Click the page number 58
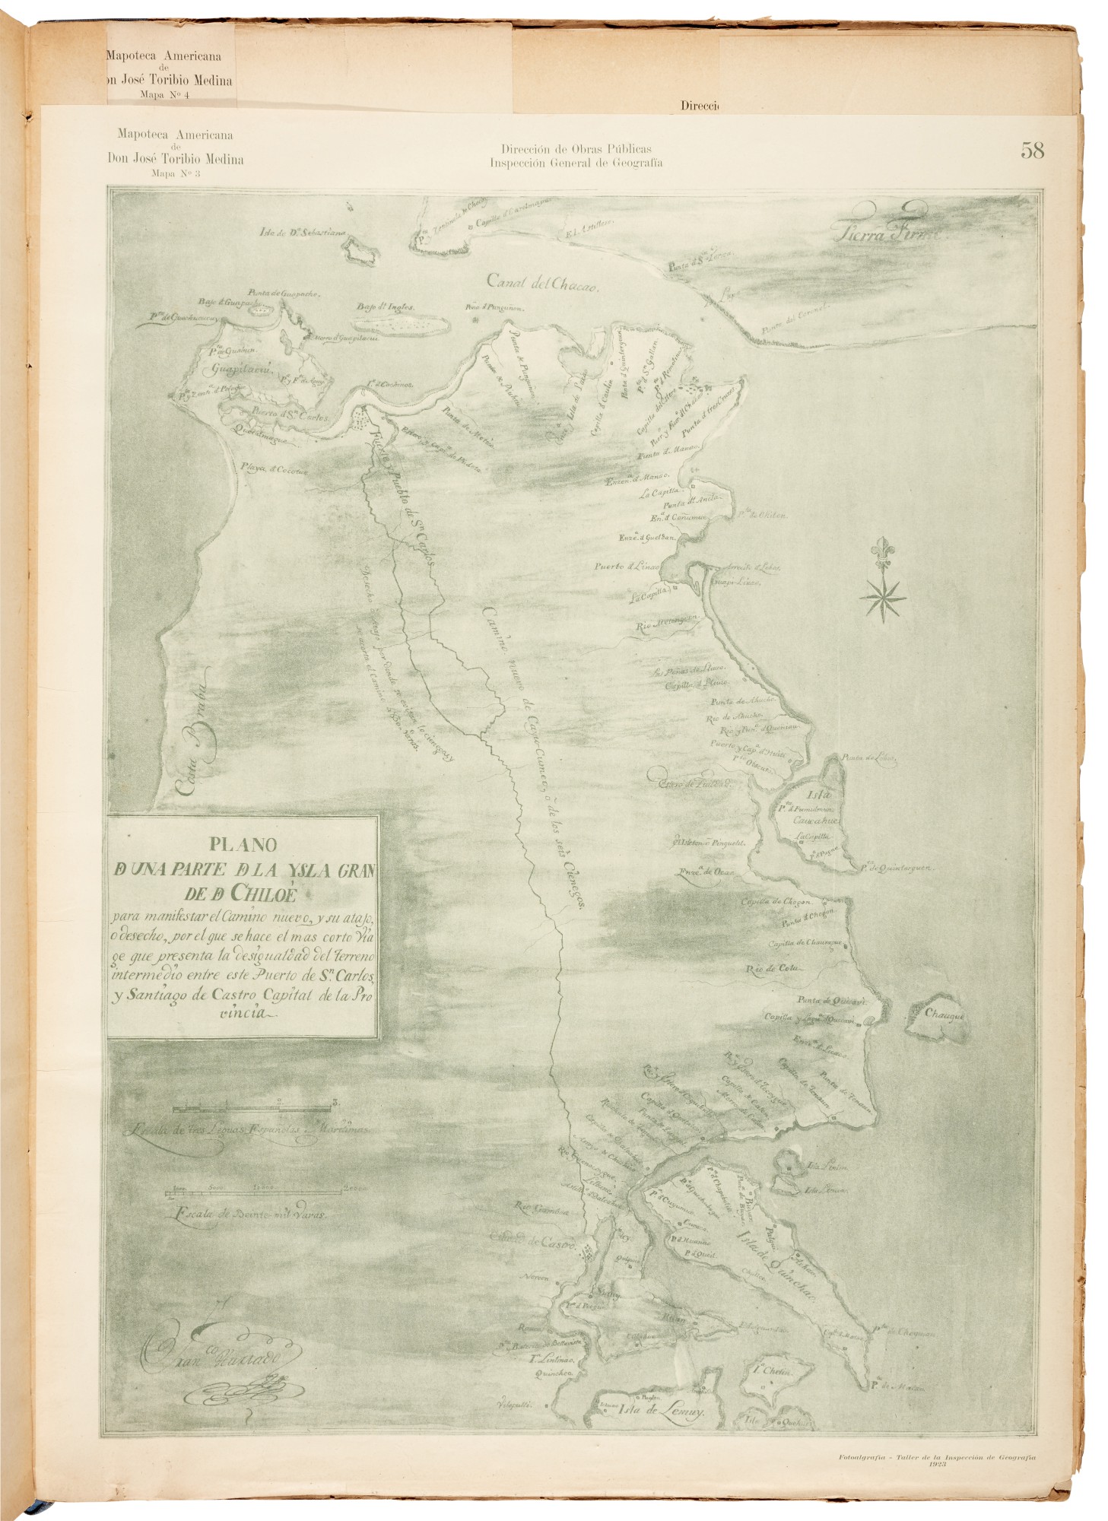(x=1032, y=150)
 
